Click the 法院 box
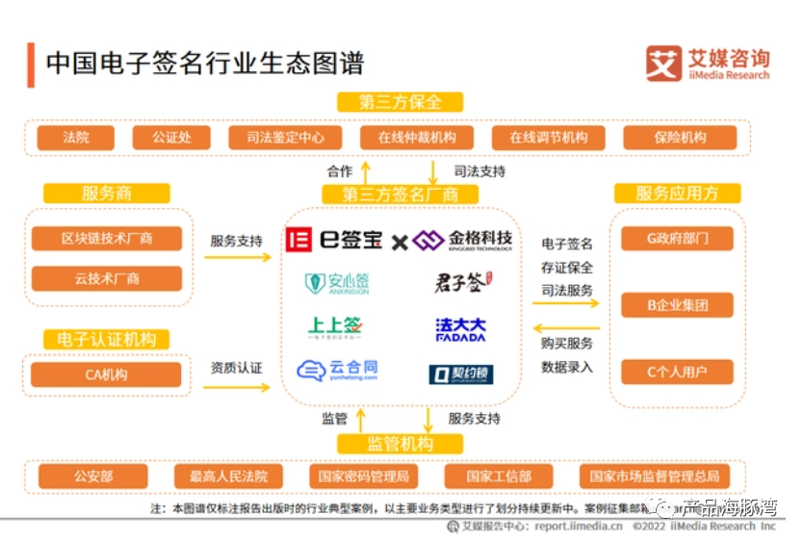click(x=76, y=138)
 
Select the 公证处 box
click(x=170, y=138)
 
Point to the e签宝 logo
click(x=335, y=240)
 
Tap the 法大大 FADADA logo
click(x=461, y=329)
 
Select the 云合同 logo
click(x=338, y=371)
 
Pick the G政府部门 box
click(x=677, y=239)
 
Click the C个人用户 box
click(x=677, y=373)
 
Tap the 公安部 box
click(x=93, y=477)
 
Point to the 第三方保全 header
click(x=400, y=102)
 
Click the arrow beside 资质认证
click(x=236, y=387)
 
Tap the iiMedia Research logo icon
click(x=663, y=63)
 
